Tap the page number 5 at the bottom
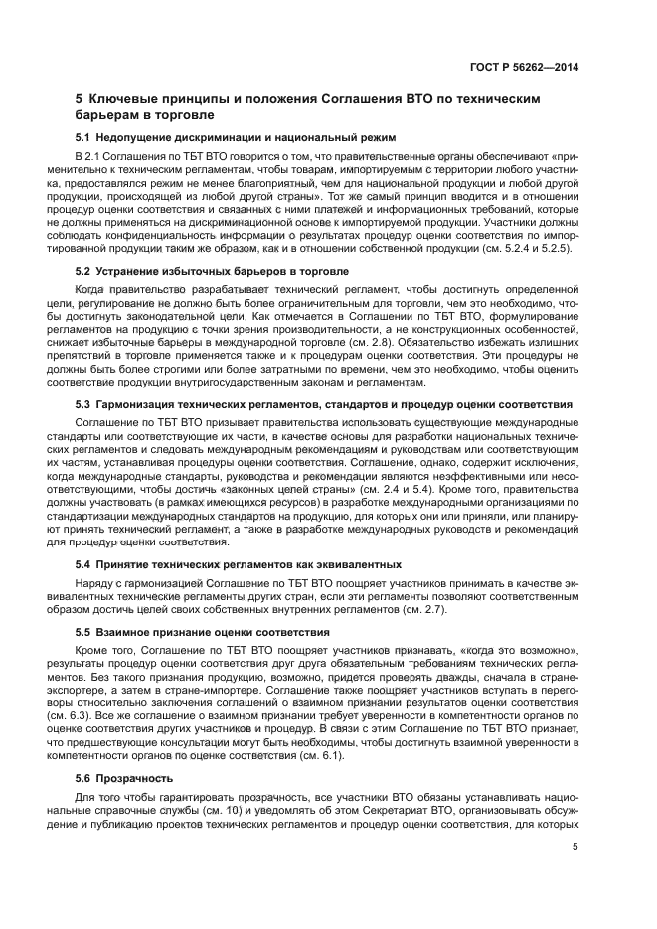pos(575,848)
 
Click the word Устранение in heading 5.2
pos(130,270)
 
